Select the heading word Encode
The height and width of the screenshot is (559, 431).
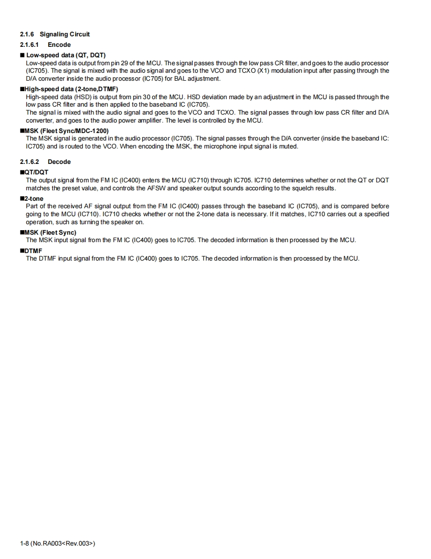tap(59, 45)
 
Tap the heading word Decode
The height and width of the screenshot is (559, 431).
tap(59, 162)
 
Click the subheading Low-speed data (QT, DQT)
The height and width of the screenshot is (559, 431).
tap(66, 55)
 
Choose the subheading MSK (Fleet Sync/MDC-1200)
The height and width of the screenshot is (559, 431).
tap(66, 131)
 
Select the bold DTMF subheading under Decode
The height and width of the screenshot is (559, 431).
tap(33, 251)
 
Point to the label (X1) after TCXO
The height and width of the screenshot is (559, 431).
tap(264, 71)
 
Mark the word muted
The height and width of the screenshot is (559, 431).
tap(289, 146)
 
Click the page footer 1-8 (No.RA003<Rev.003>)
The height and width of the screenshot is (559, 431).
tap(57, 543)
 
